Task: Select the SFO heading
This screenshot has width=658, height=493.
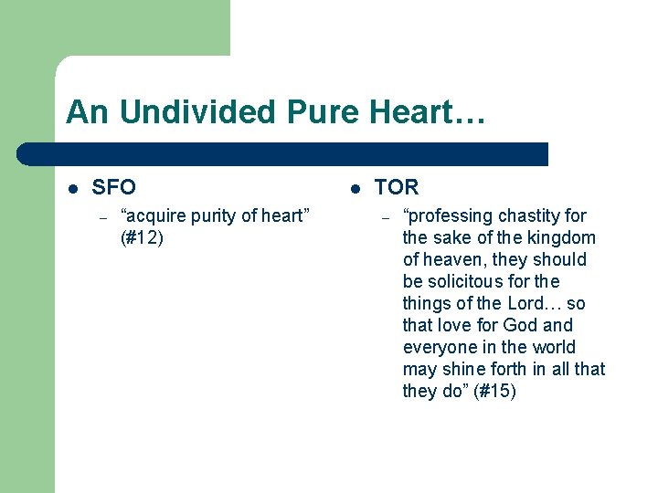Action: pyautogui.click(x=114, y=187)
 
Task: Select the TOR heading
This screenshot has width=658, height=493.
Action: pyautogui.click(x=397, y=187)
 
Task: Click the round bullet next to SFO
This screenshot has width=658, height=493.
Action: pyautogui.click(x=73, y=188)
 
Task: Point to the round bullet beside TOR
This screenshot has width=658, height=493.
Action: pyautogui.click(x=355, y=188)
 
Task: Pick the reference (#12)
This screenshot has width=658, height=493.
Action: pyautogui.click(x=142, y=238)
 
